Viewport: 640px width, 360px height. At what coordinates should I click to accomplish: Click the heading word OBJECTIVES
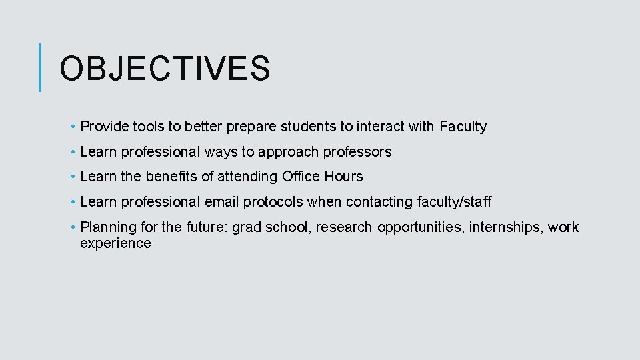165,69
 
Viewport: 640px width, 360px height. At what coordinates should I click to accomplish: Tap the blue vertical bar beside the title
41,67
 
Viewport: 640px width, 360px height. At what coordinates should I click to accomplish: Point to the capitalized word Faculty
463,127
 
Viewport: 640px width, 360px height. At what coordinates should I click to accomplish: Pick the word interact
381,127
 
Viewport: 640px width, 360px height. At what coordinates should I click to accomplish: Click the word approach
288,152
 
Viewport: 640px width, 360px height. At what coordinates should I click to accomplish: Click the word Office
301,177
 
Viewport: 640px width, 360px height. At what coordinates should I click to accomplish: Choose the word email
221,202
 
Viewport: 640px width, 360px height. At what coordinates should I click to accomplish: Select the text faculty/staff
454,202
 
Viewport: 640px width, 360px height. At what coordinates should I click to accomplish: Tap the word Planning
107,227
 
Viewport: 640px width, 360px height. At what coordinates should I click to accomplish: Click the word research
344,227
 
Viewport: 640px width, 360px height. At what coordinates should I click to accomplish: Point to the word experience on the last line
115,243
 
